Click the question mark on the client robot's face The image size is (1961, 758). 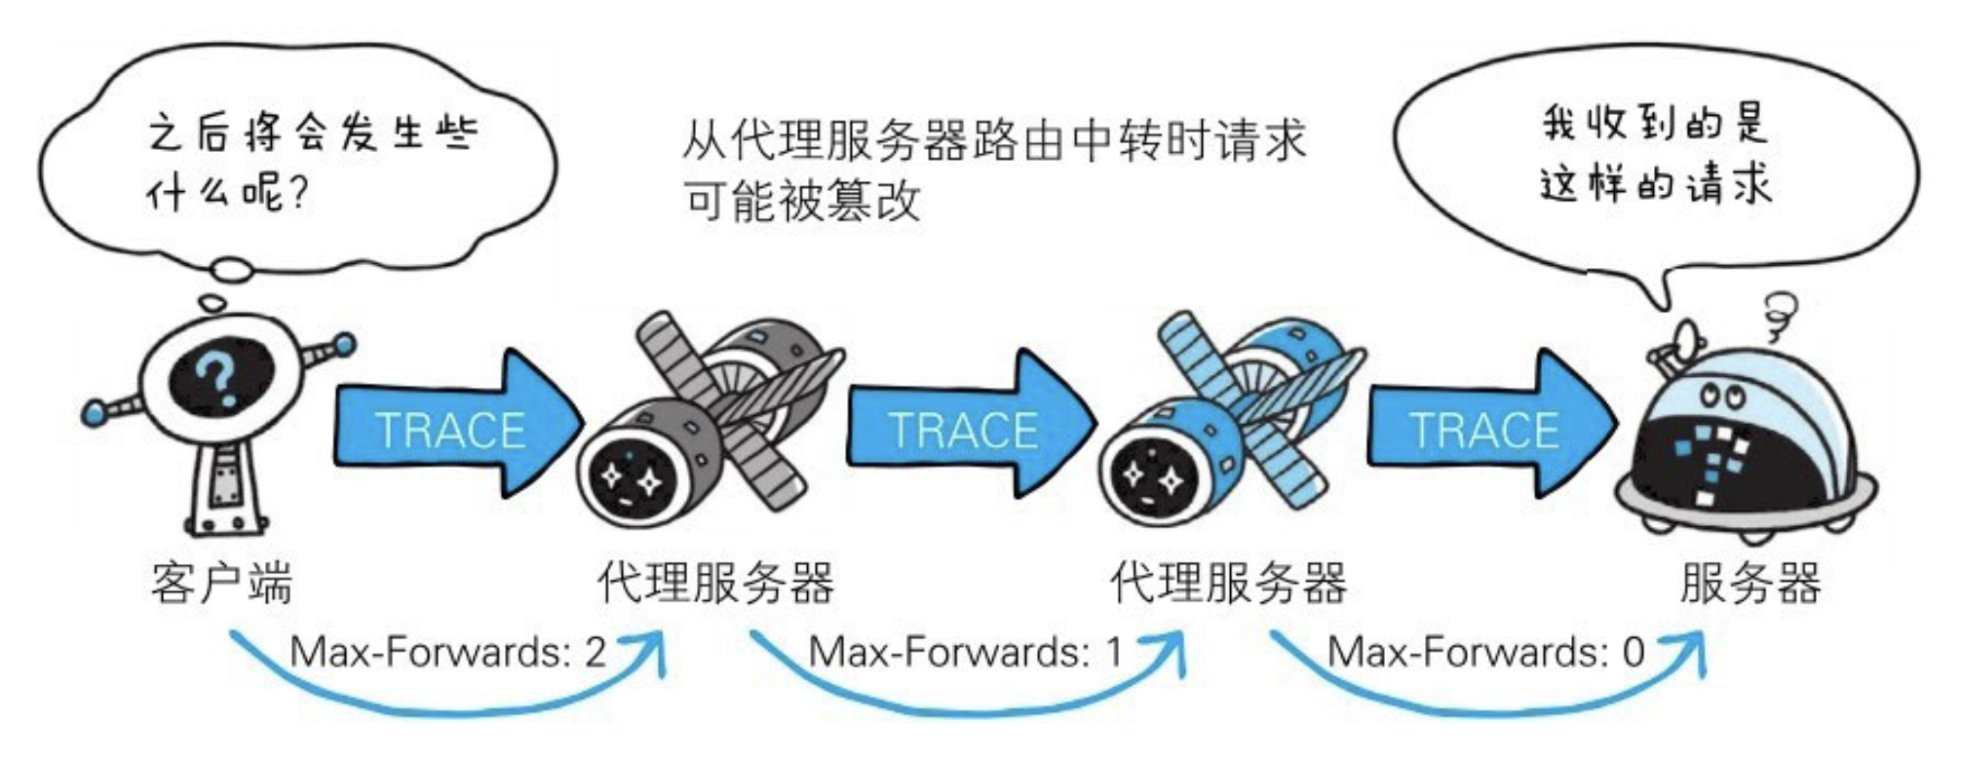point(218,376)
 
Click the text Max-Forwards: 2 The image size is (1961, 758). point(448,651)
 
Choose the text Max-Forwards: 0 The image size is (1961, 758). point(1486,651)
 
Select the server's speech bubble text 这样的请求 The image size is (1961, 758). point(1656,183)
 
